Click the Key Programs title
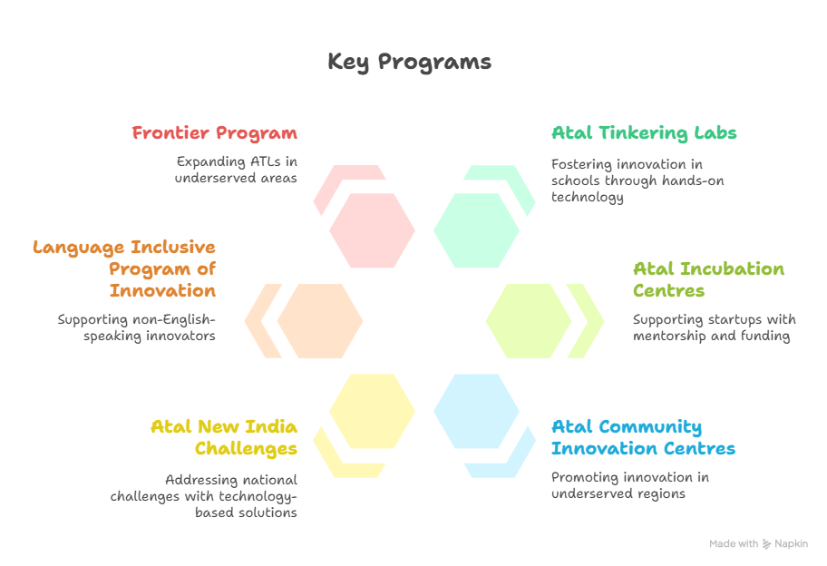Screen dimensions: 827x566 tap(409, 63)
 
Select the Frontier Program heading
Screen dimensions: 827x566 tap(215, 133)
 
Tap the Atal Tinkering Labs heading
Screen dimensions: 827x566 tap(644, 133)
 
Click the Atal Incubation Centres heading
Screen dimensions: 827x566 tap(708, 279)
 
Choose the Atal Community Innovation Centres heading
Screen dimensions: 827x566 tap(643, 437)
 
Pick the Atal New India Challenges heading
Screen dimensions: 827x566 tap(224, 437)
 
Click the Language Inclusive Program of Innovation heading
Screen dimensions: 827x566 tap(124, 268)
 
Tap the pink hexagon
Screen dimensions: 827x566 tap(373, 230)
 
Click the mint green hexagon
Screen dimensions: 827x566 tap(476, 230)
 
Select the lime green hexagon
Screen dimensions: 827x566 tap(529, 321)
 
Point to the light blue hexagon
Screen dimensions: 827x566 tap(476, 412)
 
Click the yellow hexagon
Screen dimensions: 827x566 tap(373, 412)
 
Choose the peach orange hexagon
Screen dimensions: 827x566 tap(319, 321)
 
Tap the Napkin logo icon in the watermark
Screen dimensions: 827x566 tap(766, 544)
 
